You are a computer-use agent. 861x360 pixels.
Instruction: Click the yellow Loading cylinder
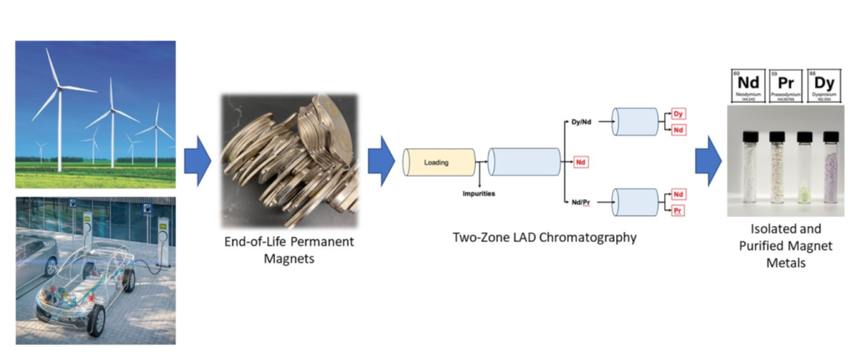439,163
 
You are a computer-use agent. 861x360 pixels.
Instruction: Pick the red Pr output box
678,210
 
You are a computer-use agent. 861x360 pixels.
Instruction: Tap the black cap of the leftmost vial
752,135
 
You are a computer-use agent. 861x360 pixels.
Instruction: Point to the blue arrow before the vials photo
708,161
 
